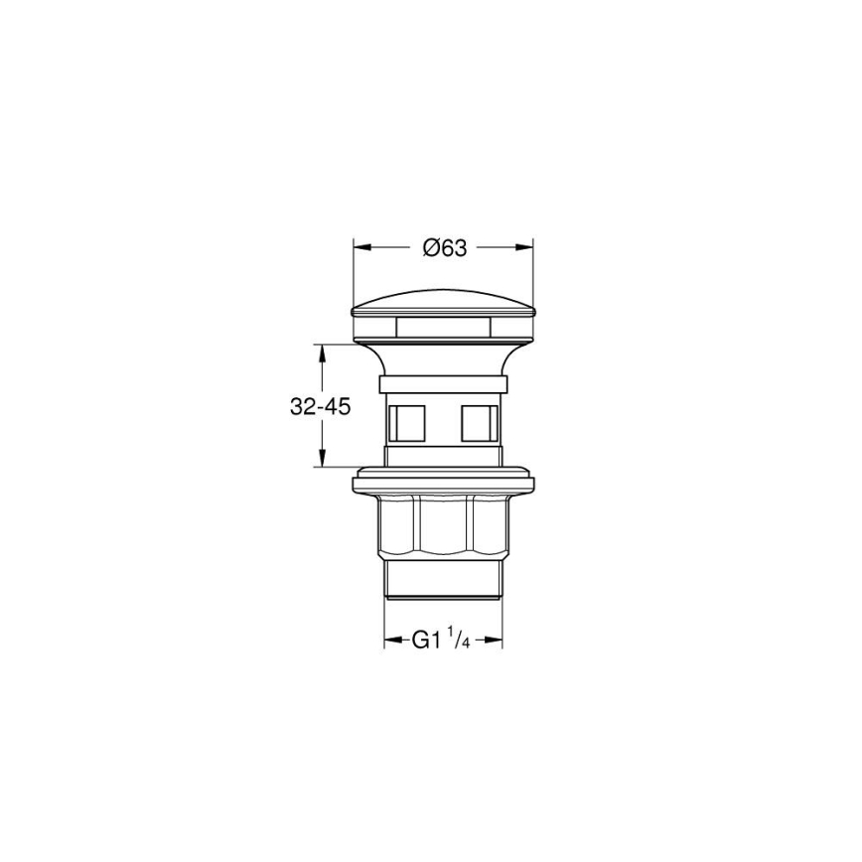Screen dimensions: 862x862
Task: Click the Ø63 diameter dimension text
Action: click(444, 249)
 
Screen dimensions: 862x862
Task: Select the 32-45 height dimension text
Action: click(320, 406)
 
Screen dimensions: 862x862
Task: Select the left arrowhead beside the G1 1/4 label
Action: click(391, 641)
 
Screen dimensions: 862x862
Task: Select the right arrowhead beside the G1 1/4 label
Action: click(496, 641)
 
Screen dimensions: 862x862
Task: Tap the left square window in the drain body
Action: click(408, 422)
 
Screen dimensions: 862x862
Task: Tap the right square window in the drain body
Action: click(479, 422)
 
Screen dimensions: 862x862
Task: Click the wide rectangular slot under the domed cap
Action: click(443, 326)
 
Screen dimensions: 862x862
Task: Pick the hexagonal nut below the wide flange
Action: click(443, 526)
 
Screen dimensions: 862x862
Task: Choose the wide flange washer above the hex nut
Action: click(443, 482)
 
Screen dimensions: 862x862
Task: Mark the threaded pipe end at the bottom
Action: click(443, 581)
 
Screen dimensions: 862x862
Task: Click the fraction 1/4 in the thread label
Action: click(459, 638)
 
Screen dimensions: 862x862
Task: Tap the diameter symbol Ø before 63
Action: click(428, 249)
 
